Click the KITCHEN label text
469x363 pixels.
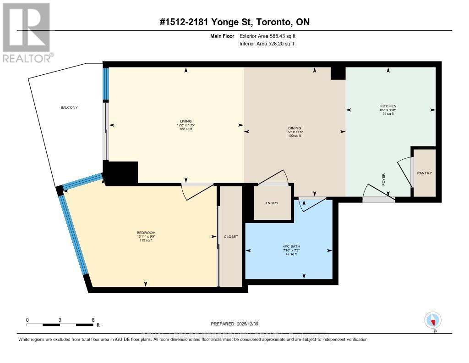[388, 106]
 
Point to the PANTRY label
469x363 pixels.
[424, 173]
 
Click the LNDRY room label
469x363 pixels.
[272, 202]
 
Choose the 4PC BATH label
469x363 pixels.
[291, 246]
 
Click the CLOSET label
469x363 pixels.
[230, 236]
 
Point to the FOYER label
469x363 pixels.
[383, 179]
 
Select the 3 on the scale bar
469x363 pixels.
[60, 319]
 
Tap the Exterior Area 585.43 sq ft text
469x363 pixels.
[271, 36]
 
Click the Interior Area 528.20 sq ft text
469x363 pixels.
[267, 44]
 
